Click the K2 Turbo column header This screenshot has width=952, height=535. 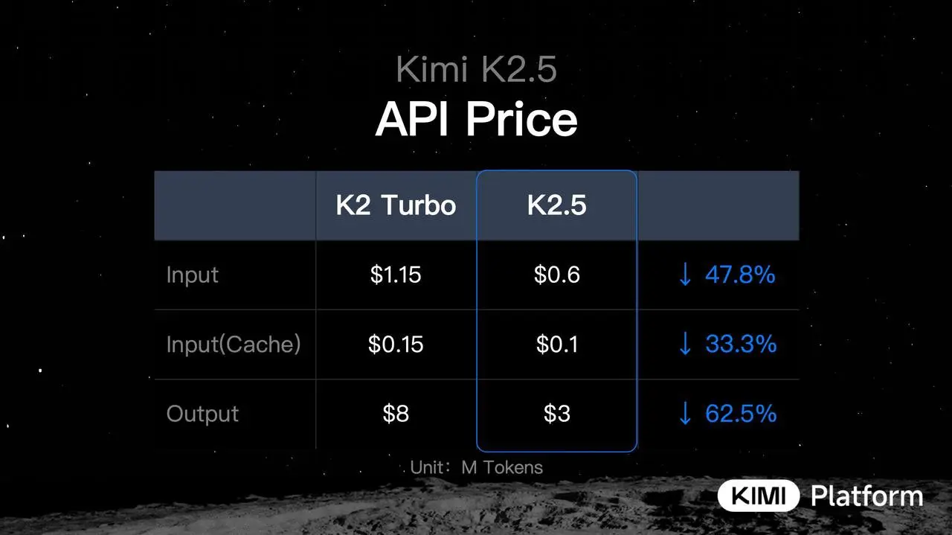pos(396,205)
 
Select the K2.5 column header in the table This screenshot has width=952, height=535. pos(556,205)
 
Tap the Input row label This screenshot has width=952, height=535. pos(193,275)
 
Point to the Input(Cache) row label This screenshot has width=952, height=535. pos(234,345)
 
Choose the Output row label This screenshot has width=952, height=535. pos(202,414)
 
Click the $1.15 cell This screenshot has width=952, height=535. pos(396,275)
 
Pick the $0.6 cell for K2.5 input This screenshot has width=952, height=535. pos(556,275)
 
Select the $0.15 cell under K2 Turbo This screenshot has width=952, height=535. pos(396,345)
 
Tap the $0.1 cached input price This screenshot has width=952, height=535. pos(556,345)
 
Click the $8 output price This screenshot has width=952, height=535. pos(396,414)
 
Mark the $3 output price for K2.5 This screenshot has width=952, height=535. pos(556,414)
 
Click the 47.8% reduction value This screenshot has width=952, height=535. pos(740,275)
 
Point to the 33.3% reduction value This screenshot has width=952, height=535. pos(741,345)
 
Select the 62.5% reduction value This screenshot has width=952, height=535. pos(741,414)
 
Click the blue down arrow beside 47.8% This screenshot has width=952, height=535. pos(685,275)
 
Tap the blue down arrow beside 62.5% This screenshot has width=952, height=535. pos(685,414)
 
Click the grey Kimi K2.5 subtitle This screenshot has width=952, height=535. pos(476,71)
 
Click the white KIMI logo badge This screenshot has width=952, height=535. pos(758,496)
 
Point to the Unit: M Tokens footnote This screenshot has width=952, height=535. pos(476,468)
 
